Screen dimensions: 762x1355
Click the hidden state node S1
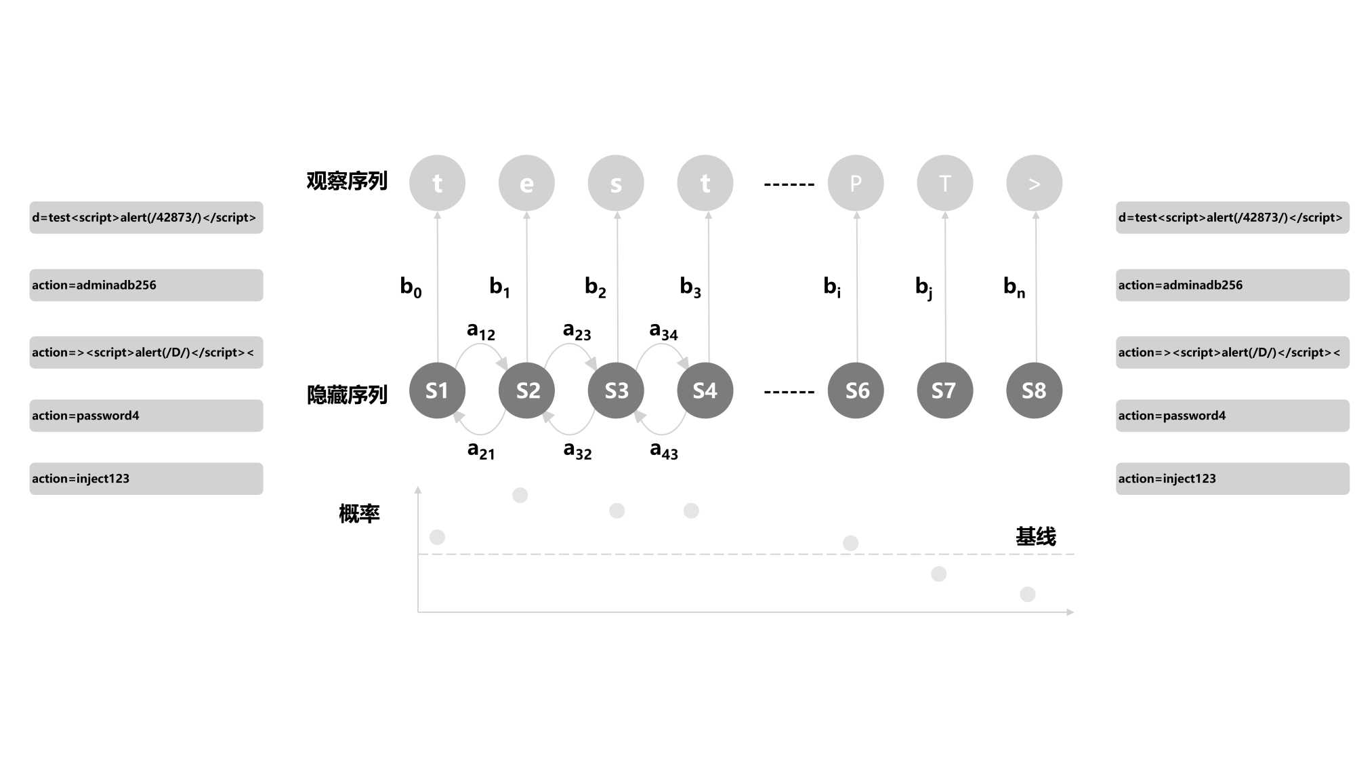pos(437,390)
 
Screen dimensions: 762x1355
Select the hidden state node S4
pos(705,390)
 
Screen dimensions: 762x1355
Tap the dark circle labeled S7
pos(944,390)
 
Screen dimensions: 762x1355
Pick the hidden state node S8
pos(1034,390)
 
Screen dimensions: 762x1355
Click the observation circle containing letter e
pos(526,183)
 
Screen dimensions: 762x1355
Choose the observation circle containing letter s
pos(616,183)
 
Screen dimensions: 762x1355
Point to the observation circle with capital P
pos(856,183)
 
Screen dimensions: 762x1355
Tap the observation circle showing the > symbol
pos(1034,183)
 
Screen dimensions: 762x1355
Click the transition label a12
pos(481,331)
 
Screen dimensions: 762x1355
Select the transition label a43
pos(664,450)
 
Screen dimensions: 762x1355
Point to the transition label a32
pos(577,450)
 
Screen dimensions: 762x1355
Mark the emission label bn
pos(1014,287)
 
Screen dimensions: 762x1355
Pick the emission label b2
pos(596,287)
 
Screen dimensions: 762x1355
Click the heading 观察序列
pos(347,181)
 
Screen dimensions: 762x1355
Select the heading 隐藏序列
pos(347,395)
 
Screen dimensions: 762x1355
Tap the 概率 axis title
pos(359,514)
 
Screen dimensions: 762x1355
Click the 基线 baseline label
pos(1035,537)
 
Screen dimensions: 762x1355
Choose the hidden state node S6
pos(856,390)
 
